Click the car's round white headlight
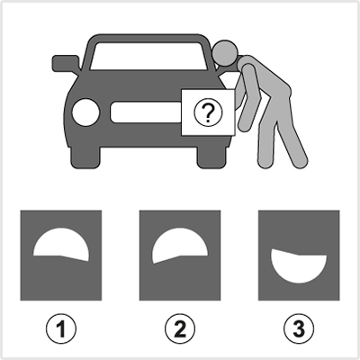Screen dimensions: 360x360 85,112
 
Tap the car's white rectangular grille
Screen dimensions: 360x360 146,112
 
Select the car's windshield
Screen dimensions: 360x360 148,56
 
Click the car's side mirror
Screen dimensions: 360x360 66,63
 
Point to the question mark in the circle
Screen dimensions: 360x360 208,112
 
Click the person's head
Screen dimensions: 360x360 225,53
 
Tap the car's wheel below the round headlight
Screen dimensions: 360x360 85,157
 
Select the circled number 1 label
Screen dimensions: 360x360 61,328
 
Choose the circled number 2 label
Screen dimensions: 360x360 180,328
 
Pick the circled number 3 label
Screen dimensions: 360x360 299,328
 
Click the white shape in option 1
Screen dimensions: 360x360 61,245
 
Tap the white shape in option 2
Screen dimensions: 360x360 180,246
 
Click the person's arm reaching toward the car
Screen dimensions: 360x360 249,97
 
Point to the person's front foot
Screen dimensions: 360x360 265,162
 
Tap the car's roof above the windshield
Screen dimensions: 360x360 147,38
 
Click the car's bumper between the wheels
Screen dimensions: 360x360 148,140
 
